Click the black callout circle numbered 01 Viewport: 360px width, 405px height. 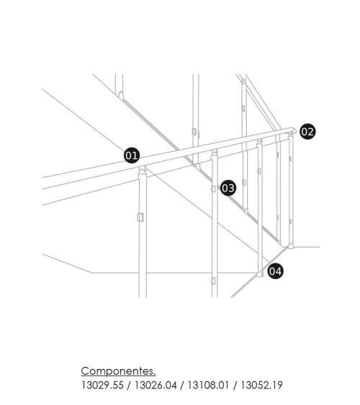pos(132,155)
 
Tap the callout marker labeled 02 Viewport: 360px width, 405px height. pos(307,131)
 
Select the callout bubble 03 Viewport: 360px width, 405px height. pos(228,188)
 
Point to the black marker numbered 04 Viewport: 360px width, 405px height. pos(275,271)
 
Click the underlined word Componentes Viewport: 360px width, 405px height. pos(118,371)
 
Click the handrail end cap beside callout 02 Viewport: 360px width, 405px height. pos(293,130)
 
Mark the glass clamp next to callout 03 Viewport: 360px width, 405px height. pos(215,188)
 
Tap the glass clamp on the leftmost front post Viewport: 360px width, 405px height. pos(140,217)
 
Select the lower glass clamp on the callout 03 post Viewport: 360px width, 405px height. pos(214,281)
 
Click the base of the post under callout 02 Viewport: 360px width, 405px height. pos(291,246)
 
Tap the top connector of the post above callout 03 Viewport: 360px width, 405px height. pos(214,152)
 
